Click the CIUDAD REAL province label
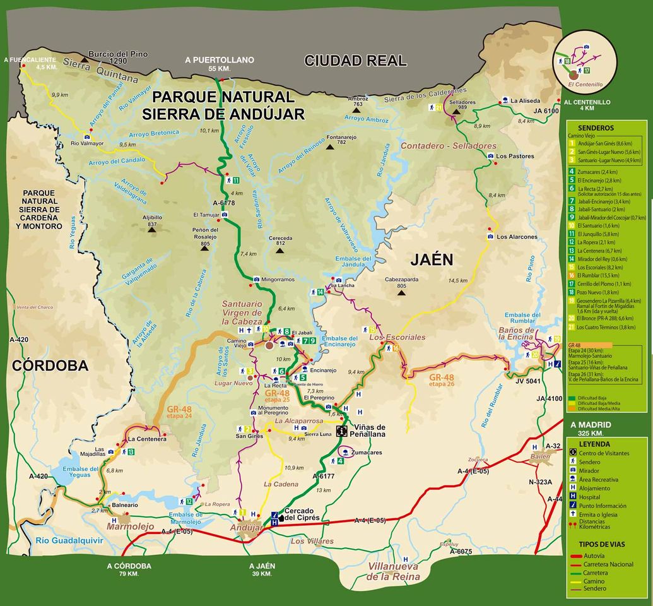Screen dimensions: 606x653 coord(355,61)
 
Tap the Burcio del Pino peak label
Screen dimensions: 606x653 coord(118,54)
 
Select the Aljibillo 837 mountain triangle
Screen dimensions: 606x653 coord(152,230)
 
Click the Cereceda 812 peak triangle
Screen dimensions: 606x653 coord(280,250)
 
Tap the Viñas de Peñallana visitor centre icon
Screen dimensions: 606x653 coord(342,431)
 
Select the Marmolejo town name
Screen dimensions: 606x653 coord(129,526)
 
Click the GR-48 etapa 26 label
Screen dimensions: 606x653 coord(442,379)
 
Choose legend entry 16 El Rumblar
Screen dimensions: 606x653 coord(599,275)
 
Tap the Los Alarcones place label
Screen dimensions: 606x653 coord(517,237)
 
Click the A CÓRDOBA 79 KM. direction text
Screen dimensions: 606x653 coord(129,569)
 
